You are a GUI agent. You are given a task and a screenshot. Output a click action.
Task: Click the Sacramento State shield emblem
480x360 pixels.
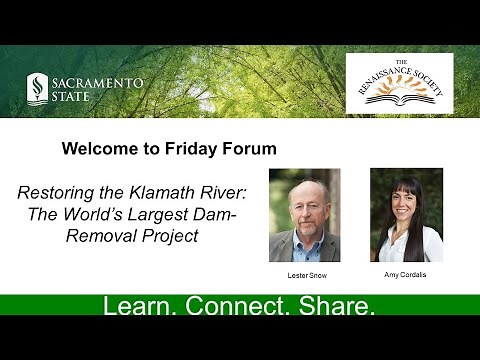point(36,88)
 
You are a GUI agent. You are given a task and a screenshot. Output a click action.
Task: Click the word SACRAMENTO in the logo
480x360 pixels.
point(98,82)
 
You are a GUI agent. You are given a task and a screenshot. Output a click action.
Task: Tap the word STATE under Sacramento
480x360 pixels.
point(73,96)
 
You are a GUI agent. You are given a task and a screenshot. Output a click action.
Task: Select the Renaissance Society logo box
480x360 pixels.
point(399,84)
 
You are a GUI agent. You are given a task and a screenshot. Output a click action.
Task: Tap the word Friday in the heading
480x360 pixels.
point(196,149)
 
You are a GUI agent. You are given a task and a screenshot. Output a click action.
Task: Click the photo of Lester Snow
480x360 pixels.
point(304,215)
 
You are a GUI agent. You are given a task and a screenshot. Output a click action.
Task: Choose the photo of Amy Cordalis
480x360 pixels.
point(406,215)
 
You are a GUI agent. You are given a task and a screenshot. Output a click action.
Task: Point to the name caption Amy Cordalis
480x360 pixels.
point(405,274)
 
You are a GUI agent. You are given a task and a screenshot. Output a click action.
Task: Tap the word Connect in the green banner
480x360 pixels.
point(237,306)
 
